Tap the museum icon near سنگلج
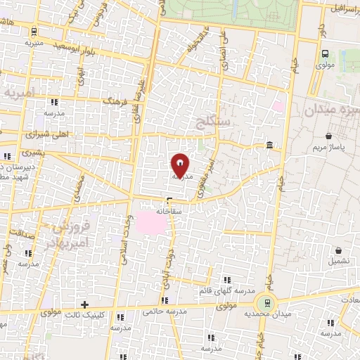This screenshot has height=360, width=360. (x=270, y=146)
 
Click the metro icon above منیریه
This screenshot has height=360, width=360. (x=34, y=30)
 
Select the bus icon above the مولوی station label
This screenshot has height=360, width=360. (x=325, y=53)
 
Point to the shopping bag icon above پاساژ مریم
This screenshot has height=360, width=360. (x=329, y=136)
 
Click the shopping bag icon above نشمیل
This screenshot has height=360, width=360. (x=340, y=250)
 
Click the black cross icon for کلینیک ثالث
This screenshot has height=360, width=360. (x=85, y=304)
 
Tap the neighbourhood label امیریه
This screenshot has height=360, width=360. (x=19, y=94)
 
